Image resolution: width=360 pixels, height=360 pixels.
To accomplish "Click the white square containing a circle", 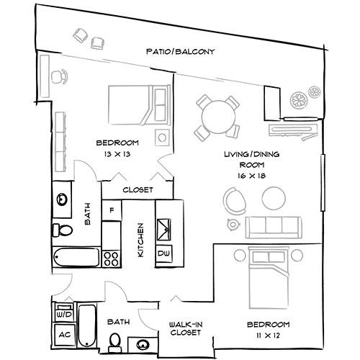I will pos(163,138).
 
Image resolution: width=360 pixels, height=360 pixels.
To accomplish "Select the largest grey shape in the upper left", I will pos(108,86).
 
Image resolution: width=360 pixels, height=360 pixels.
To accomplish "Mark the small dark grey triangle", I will pos(163,314).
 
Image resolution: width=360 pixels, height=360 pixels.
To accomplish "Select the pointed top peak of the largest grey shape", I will pos(72,29).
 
